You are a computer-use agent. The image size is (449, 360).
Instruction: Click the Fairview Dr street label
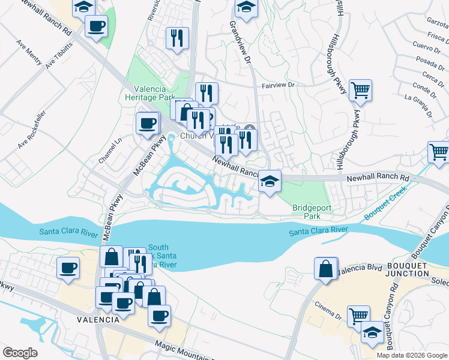point(280,86)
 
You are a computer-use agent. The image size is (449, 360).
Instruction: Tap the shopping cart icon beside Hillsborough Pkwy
point(360,91)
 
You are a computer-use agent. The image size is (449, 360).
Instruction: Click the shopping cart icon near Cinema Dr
point(358,316)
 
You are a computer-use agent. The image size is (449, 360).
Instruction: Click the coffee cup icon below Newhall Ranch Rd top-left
point(96,26)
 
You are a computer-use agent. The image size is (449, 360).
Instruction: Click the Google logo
point(20,353)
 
